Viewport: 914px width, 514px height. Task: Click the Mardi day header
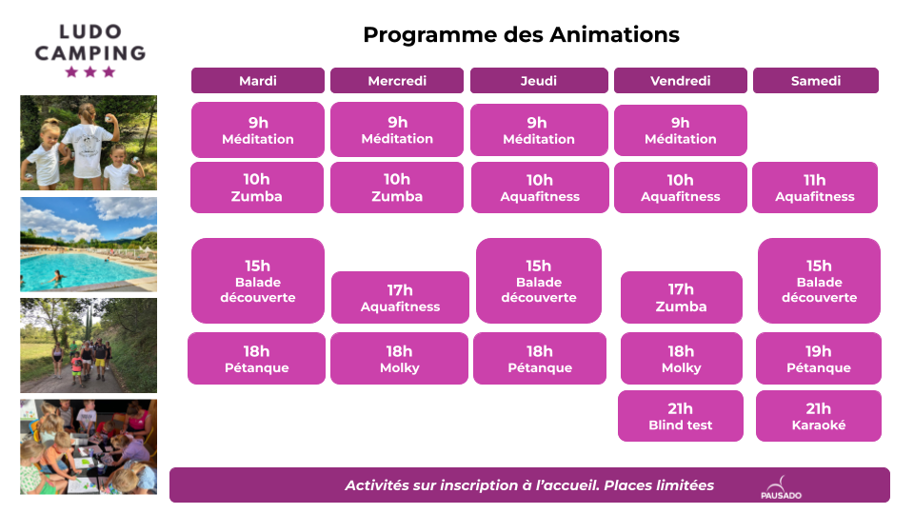pyautogui.click(x=258, y=80)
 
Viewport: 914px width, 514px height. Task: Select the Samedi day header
pyautogui.click(x=816, y=80)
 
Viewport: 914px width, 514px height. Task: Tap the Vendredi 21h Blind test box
pyautogui.click(x=680, y=416)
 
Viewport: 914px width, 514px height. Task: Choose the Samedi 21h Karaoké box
pyautogui.click(x=819, y=416)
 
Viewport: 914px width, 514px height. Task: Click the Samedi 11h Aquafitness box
pyautogui.click(x=815, y=188)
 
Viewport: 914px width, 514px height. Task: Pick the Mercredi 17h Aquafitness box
pyautogui.click(x=400, y=297)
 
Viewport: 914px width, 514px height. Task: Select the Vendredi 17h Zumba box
pyautogui.click(x=682, y=297)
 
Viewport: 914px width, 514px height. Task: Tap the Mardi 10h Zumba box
pyautogui.click(x=257, y=188)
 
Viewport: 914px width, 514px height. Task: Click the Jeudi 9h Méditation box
pyautogui.click(x=539, y=130)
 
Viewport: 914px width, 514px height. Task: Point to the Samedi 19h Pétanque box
pyautogui.click(x=819, y=359)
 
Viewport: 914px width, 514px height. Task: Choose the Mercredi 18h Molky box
pyautogui.click(x=399, y=359)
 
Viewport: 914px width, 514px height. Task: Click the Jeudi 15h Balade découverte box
pyautogui.click(x=539, y=281)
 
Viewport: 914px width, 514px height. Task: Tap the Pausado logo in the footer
pyautogui.click(x=781, y=487)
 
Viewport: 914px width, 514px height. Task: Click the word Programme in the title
pyautogui.click(x=430, y=35)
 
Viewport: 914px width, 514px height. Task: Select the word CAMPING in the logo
pyautogui.click(x=90, y=53)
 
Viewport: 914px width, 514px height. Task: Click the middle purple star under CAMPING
pyautogui.click(x=89, y=71)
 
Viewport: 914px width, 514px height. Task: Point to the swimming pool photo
pyautogui.click(x=89, y=245)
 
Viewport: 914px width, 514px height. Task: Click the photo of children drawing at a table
pyautogui.click(x=89, y=447)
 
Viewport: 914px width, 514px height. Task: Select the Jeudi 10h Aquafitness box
pyautogui.click(x=541, y=188)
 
